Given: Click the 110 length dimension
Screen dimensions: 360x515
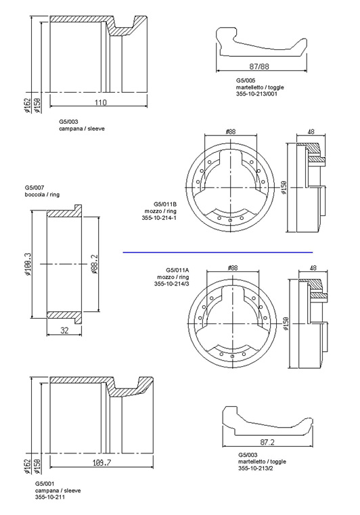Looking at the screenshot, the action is (x=101, y=102).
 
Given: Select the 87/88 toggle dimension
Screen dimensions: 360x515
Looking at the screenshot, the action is (x=259, y=66).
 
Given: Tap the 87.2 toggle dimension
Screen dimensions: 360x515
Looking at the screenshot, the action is (x=267, y=442).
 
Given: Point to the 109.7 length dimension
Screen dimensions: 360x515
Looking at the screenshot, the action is (x=102, y=462).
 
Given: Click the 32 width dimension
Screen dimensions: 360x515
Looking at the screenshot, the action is (x=64, y=330).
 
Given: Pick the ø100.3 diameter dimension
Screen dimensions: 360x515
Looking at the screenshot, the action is (x=28, y=264).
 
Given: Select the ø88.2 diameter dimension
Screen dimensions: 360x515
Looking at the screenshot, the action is (x=95, y=264).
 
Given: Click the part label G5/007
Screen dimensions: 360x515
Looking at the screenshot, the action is (x=35, y=187).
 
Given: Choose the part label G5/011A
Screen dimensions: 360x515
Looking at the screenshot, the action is (x=177, y=270).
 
